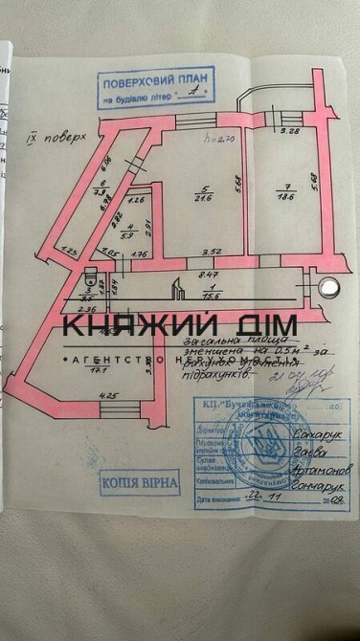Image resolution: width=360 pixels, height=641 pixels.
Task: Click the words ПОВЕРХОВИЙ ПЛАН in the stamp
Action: point(154,84)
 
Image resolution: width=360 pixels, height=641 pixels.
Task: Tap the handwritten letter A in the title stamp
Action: point(196,99)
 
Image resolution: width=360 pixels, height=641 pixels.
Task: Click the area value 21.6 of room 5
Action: point(202,198)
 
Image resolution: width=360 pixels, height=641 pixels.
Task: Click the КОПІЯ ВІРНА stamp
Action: point(138,481)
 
